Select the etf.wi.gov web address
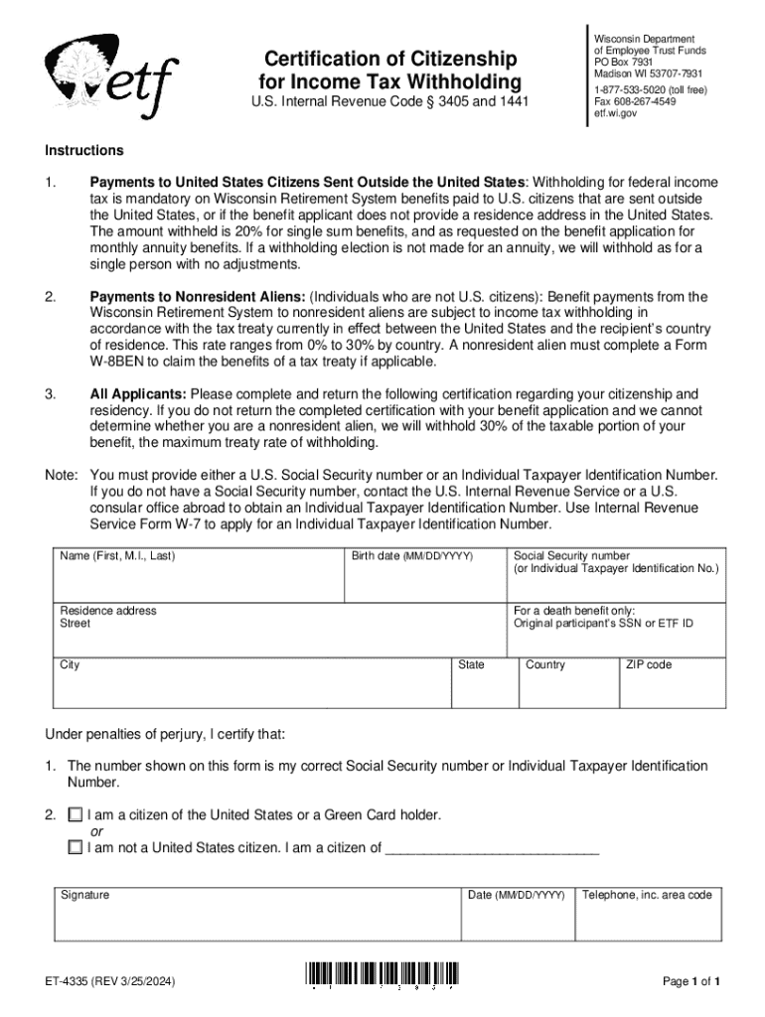(616, 113)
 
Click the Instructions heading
(84, 151)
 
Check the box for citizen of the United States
(76, 815)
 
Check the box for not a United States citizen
(76, 848)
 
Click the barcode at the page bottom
(383, 976)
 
